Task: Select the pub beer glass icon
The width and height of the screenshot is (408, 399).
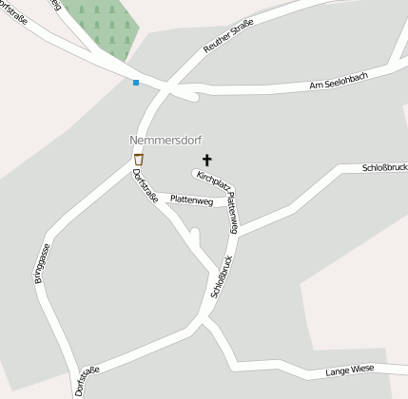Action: tap(139, 160)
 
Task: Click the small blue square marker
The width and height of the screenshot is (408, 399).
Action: tap(136, 83)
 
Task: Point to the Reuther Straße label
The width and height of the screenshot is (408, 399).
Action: tap(228, 36)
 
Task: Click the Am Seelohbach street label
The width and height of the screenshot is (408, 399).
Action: tap(339, 86)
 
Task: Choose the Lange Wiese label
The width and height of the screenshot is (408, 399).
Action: tap(350, 371)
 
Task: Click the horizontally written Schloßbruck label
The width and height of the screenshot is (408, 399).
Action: tap(384, 167)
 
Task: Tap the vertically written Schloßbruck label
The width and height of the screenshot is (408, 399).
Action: tap(222, 276)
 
